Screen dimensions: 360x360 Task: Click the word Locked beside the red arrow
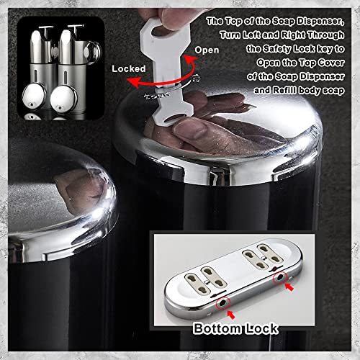point(130,68)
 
